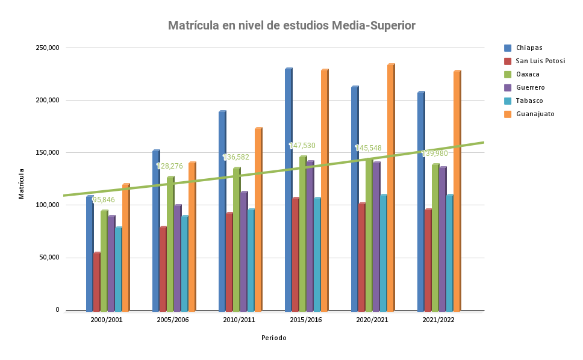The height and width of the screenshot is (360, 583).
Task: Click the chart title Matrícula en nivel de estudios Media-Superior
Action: (x=291, y=26)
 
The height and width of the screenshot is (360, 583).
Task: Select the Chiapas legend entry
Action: (x=529, y=48)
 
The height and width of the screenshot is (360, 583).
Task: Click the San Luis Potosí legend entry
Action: (x=540, y=61)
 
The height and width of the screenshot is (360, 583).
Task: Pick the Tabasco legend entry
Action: (x=529, y=101)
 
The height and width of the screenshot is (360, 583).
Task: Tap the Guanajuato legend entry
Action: (x=535, y=114)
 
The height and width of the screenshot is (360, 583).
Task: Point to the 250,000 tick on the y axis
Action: (x=48, y=48)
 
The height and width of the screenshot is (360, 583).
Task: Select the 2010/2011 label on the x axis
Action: (x=239, y=320)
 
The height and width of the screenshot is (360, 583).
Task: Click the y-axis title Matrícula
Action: (x=22, y=183)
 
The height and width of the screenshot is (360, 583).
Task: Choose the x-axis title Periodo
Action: (x=274, y=338)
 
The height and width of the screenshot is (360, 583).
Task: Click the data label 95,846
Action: (x=104, y=200)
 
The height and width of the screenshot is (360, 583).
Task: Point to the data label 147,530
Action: (x=302, y=146)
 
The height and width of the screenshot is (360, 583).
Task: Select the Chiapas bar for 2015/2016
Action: (x=288, y=193)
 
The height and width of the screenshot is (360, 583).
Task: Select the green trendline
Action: (x=361, y=161)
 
